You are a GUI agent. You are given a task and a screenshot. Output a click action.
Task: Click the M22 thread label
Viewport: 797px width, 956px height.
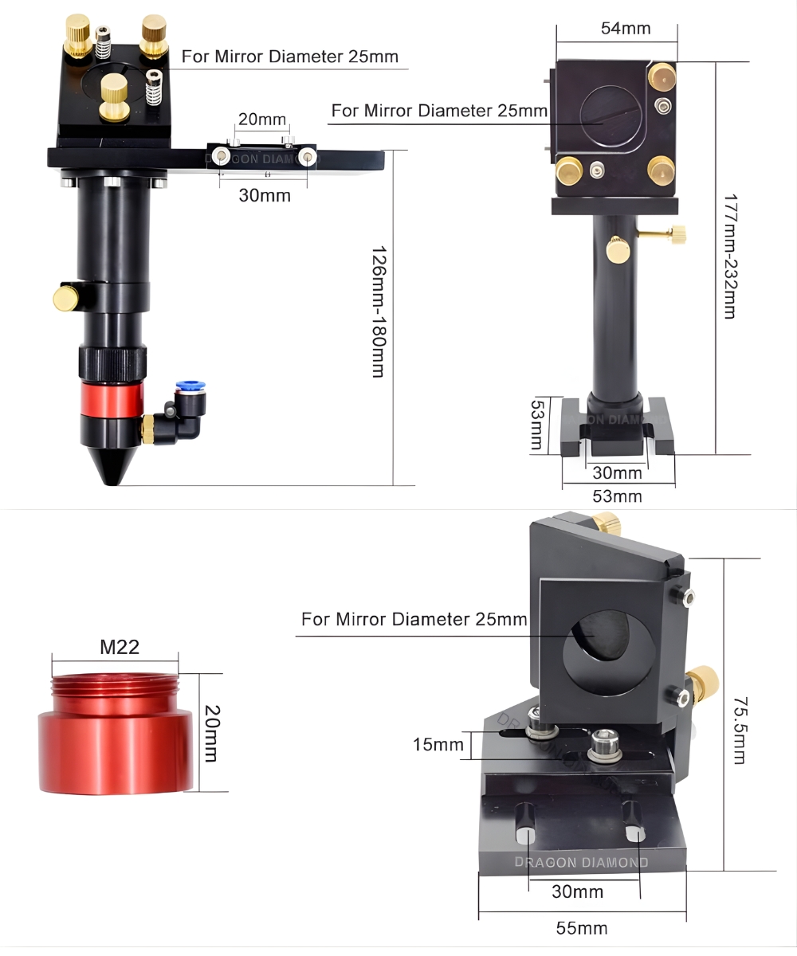click(x=120, y=647)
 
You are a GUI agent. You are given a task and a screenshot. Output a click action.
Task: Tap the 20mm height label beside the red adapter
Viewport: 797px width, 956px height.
click(x=210, y=733)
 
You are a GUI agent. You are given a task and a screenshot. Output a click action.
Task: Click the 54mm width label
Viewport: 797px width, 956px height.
click(x=626, y=29)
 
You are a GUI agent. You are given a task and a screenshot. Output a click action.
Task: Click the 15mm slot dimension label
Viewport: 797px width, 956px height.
click(x=438, y=745)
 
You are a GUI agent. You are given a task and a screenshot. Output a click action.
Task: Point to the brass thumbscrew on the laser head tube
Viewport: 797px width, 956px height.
click(x=65, y=298)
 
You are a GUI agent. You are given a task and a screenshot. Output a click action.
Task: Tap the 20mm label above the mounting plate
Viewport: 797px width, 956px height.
click(x=261, y=119)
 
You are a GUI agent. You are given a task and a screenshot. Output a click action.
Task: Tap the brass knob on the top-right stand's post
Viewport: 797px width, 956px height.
click(x=618, y=250)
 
